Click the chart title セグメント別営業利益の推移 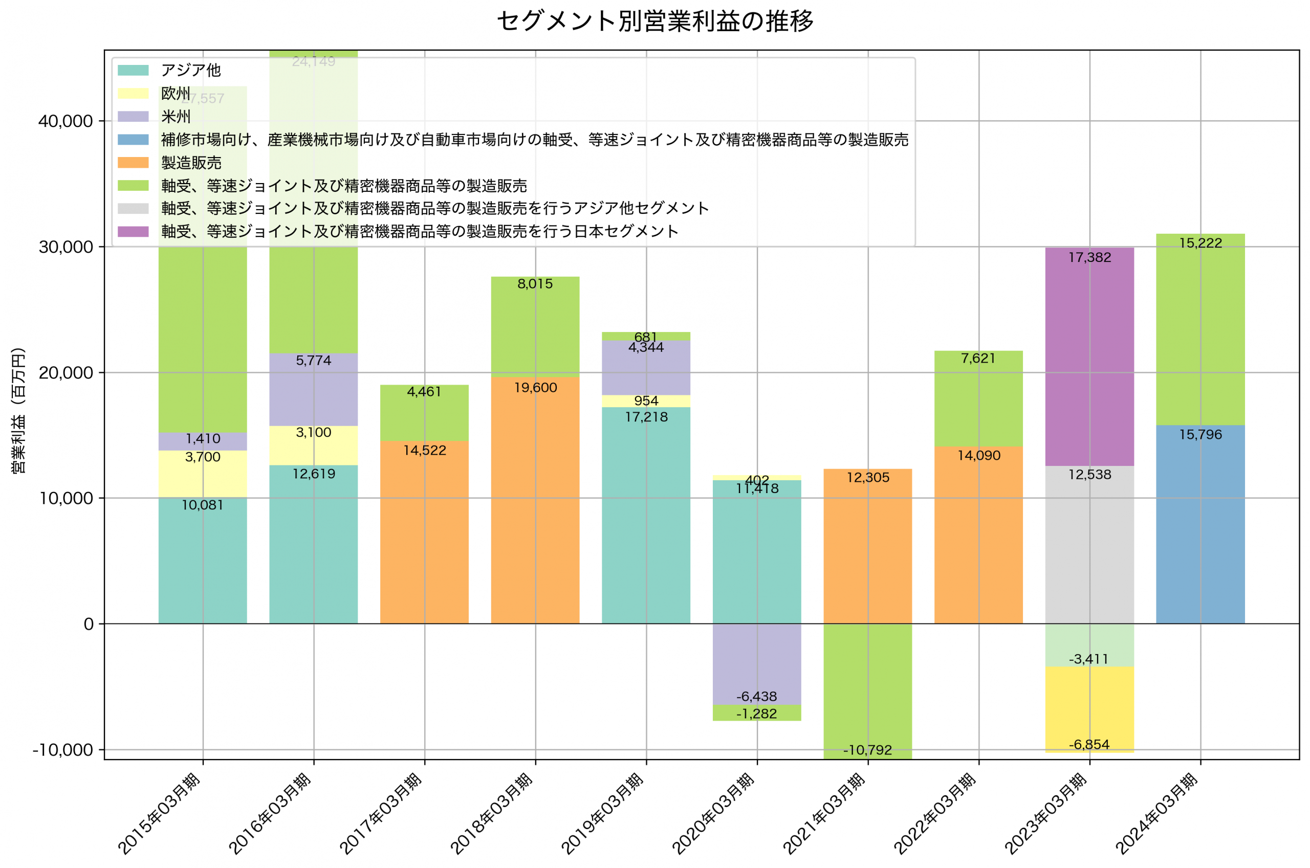point(655,21)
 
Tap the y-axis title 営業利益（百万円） point(18,410)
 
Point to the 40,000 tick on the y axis point(65,121)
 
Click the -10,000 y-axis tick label point(62,750)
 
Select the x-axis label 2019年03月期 point(603,813)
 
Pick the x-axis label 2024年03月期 point(1156,813)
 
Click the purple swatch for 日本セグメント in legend point(133,231)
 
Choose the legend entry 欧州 point(176,94)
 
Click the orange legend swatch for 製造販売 point(133,163)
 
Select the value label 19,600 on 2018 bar point(535,388)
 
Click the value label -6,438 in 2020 point(756,696)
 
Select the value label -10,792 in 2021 point(867,750)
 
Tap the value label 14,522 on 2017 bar point(424,450)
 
